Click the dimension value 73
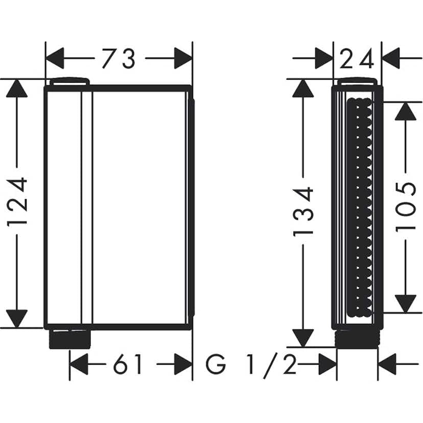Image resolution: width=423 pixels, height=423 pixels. pos(119,59)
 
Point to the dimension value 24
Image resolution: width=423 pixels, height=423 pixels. pos(357,59)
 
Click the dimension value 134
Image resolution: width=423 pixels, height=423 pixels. pos(303,211)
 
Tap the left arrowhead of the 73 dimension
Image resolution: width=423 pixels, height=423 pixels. pos(55,58)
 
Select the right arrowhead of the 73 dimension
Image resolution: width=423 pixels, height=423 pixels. pos(183,58)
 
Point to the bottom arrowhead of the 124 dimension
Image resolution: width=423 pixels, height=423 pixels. pos(17,319)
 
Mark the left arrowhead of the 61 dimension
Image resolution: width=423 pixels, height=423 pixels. pos(79,365)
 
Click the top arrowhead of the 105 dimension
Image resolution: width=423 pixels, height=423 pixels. pos(406,111)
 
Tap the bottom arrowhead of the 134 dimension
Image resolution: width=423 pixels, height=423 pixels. pos(303,338)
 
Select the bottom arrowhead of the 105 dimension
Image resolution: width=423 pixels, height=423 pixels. pos(406,303)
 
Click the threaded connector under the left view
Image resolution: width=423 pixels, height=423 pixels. pos(70,339)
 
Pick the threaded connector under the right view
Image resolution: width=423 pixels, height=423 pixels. pos(357,338)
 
